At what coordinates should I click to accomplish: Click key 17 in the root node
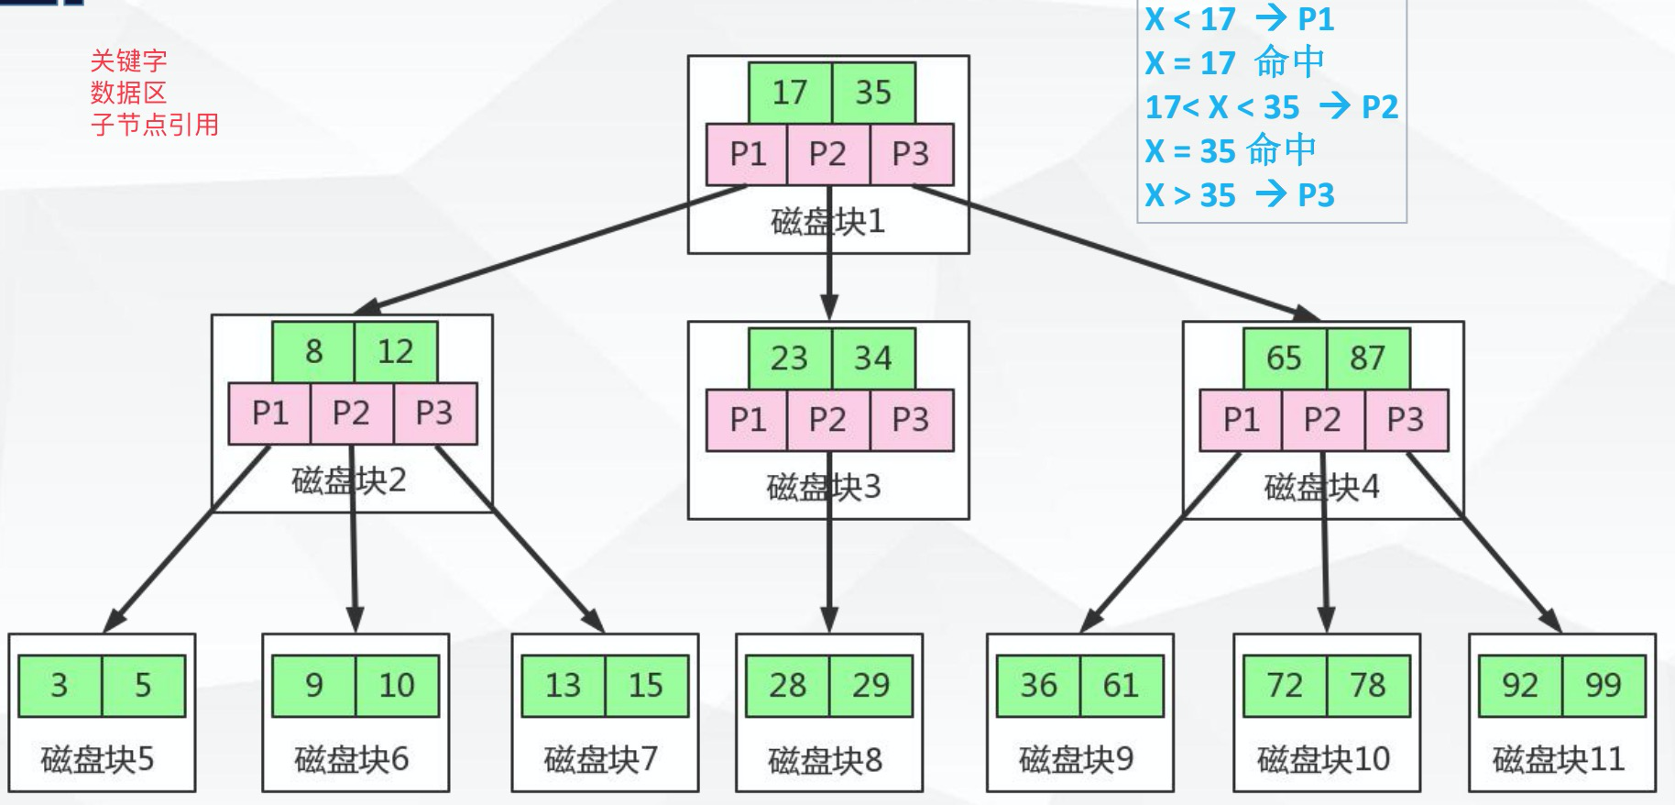(x=789, y=93)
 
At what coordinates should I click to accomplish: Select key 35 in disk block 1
(x=873, y=93)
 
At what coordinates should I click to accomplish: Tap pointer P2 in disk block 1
(x=827, y=154)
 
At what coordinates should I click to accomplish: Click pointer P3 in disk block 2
(x=434, y=414)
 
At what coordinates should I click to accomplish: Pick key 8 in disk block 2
(x=313, y=351)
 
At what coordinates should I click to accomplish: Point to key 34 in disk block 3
(x=873, y=358)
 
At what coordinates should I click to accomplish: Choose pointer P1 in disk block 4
(x=1241, y=420)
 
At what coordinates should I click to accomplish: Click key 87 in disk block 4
(x=1367, y=358)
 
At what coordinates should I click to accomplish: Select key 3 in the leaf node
(x=60, y=685)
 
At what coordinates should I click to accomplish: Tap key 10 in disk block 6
(x=397, y=685)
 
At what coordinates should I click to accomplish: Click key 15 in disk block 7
(x=646, y=685)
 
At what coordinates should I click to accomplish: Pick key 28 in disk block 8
(x=787, y=685)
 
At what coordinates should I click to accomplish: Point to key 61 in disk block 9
(x=1121, y=685)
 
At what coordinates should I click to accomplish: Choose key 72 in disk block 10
(x=1285, y=685)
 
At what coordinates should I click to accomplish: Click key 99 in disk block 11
(x=1604, y=685)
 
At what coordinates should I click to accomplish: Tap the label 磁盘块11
(x=1558, y=759)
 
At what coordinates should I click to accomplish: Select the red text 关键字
(x=128, y=61)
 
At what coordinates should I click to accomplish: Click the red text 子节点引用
(x=154, y=125)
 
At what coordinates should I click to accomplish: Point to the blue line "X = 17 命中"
(x=1234, y=62)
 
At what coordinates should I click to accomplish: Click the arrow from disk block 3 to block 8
(x=829, y=568)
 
